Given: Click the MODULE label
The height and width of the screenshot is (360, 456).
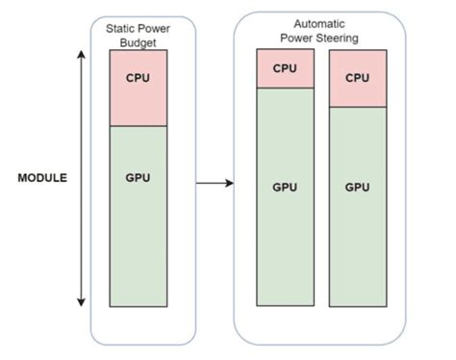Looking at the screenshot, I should coord(43,179).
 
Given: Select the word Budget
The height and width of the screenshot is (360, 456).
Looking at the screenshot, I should coord(138,43).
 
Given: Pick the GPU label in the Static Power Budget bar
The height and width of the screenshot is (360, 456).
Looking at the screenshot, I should coord(139,178).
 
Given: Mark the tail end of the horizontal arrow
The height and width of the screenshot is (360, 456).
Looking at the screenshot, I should coord(197,182).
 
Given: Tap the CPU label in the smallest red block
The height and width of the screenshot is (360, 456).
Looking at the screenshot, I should coord(285,68).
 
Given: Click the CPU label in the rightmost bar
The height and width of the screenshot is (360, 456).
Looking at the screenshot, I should coord(357,77).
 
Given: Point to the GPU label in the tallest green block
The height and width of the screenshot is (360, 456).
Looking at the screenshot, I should coord(285,186).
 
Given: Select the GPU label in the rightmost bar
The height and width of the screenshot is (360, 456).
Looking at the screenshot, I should coord(357,186).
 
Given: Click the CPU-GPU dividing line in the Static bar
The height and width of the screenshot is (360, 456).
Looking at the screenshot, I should coord(139,127).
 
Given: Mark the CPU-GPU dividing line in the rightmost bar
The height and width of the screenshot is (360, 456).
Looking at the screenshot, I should coord(357,107).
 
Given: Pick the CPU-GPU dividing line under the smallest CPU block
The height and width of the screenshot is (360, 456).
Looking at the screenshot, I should coord(285,88).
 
